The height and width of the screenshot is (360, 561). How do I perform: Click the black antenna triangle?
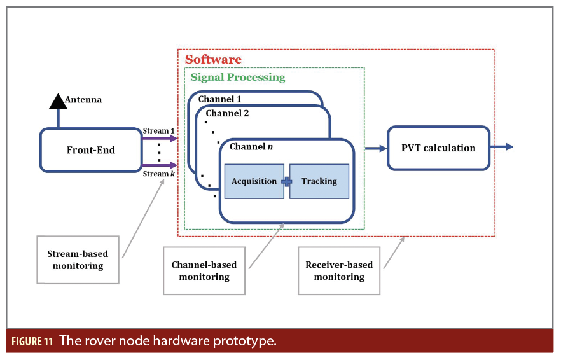click(x=58, y=100)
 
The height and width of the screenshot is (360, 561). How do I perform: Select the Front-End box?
click(x=90, y=150)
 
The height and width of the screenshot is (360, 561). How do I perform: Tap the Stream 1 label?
click(x=159, y=131)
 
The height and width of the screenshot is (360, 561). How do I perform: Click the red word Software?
click(x=213, y=60)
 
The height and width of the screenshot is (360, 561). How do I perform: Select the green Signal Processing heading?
click(x=238, y=78)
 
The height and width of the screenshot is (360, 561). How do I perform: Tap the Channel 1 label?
click(x=219, y=99)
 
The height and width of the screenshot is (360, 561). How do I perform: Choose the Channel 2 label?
click(x=227, y=113)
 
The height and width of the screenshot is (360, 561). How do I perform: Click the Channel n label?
click(x=251, y=146)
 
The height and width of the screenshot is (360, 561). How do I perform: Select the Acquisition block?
click(x=254, y=181)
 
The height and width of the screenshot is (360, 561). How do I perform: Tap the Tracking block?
click(x=319, y=181)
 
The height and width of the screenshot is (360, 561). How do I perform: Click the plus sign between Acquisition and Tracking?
click(x=287, y=181)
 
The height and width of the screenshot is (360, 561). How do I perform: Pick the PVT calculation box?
click(x=438, y=148)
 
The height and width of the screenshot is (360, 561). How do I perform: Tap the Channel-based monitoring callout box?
click(x=204, y=271)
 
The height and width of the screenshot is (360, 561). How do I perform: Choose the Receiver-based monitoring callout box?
click(x=339, y=271)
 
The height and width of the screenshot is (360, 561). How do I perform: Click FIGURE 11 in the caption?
click(x=31, y=341)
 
